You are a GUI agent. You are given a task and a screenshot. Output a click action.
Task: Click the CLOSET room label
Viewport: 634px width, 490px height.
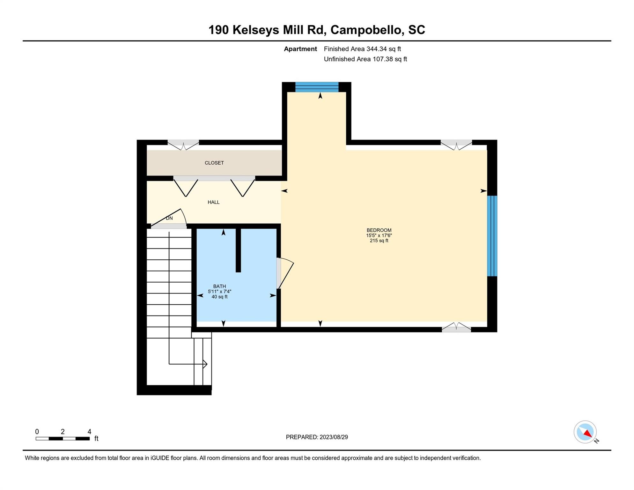(214, 163)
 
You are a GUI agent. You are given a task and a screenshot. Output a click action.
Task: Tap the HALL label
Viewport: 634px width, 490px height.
(213, 202)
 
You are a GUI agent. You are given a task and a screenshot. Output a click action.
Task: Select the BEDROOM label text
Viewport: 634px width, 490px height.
(379, 230)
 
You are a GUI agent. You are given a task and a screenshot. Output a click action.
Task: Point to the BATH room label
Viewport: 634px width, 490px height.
(219, 286)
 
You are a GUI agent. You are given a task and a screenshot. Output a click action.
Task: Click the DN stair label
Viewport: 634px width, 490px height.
(169, 218)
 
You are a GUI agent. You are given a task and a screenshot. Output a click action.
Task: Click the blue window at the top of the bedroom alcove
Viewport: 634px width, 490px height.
(317, 87)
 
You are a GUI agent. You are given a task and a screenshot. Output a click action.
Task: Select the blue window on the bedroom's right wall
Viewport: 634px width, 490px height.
(492, 236)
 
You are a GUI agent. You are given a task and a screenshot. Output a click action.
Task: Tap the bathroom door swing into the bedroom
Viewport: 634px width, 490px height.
(285, 273)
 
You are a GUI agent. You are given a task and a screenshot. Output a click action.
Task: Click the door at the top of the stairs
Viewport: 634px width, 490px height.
(168, 219)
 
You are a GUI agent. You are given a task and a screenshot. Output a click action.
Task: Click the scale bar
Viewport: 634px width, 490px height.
(63, 439)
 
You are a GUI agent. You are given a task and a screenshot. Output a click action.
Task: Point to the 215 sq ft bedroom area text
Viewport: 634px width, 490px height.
(379, 241)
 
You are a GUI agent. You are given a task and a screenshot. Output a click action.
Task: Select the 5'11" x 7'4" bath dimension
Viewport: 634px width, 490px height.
(219, 291)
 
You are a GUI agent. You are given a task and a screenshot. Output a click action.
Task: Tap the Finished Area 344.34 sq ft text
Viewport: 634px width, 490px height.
(362, 49)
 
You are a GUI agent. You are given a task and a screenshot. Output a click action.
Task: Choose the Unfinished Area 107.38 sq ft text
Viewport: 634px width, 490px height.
(365, 59)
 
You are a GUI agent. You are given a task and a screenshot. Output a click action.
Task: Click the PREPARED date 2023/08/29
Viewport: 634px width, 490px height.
(317, 437)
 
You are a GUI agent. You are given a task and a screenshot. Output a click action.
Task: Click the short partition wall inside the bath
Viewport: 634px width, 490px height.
(238, 250)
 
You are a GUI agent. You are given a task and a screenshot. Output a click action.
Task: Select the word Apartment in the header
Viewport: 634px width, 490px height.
(300, 49)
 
